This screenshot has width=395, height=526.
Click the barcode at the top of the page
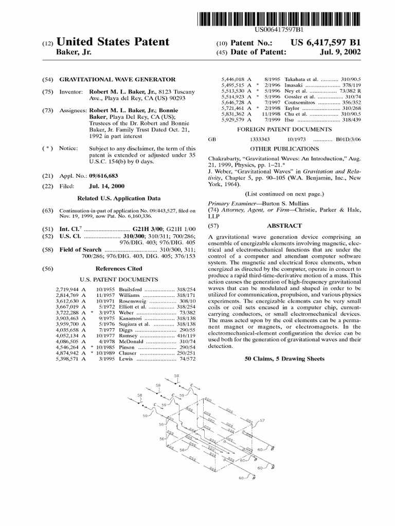tap(278, 18)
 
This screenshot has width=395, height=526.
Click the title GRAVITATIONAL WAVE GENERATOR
tap(124, 80)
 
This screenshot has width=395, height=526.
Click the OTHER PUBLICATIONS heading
tap(283, 148)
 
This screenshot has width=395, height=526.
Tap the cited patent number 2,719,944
tap(67, 290)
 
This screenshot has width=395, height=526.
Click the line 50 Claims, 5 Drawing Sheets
tap(284, 359)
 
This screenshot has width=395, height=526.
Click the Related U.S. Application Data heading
tap(118, 198)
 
